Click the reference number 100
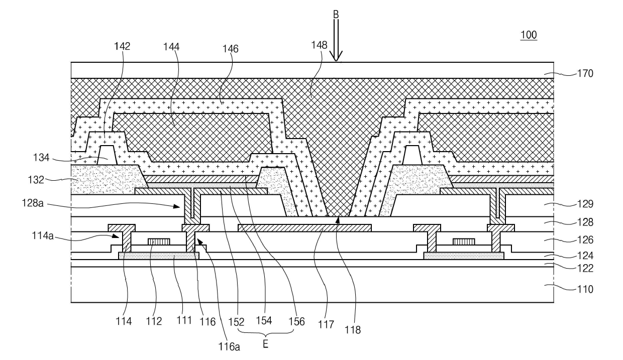click(529, 35)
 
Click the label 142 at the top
click(122, 46)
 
